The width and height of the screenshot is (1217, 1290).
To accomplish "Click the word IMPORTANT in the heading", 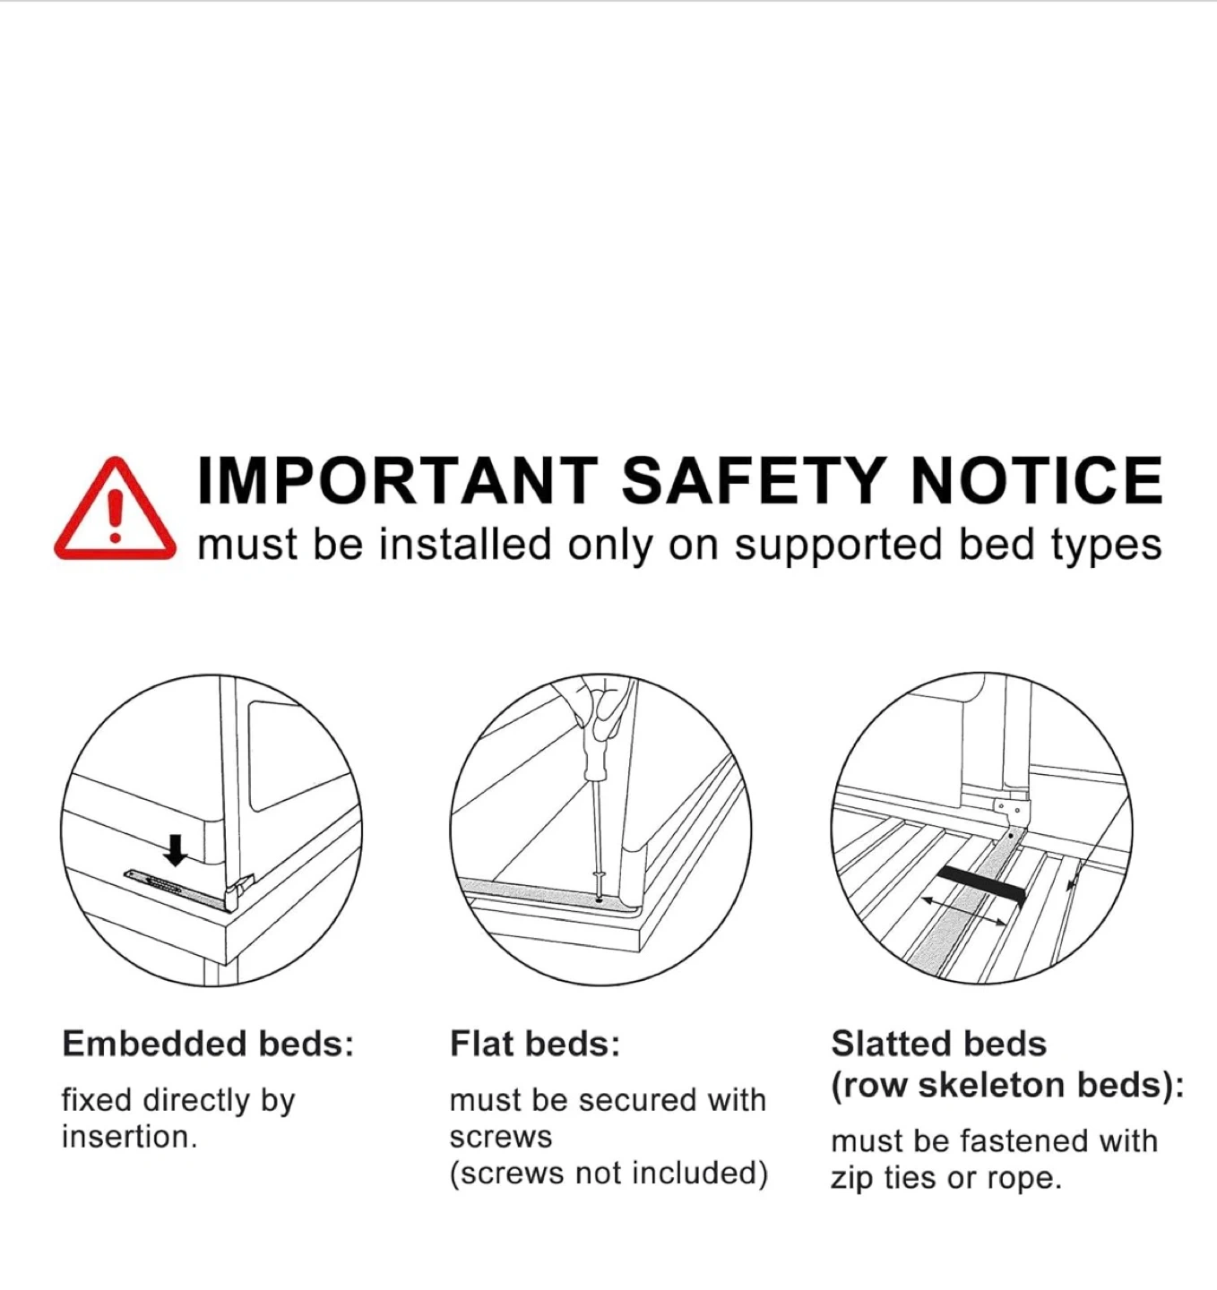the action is (x=397, y=480).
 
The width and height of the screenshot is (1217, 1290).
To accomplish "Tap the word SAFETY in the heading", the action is (x=754, y=480).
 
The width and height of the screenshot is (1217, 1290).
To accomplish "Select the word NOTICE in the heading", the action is (x=1036, y=480).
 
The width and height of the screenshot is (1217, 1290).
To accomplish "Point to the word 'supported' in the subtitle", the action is (x=838, y=545).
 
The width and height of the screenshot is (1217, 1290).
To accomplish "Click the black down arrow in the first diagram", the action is (x=175, y=850).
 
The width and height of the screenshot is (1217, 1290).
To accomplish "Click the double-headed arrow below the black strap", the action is (x=964, y=911).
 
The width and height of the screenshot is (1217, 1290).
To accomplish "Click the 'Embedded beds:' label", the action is (x=208, y=1044).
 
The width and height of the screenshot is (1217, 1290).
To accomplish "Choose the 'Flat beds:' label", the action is (x=535, y=1044).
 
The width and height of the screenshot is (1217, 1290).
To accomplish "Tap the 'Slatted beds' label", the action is (x=939, y=1044).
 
